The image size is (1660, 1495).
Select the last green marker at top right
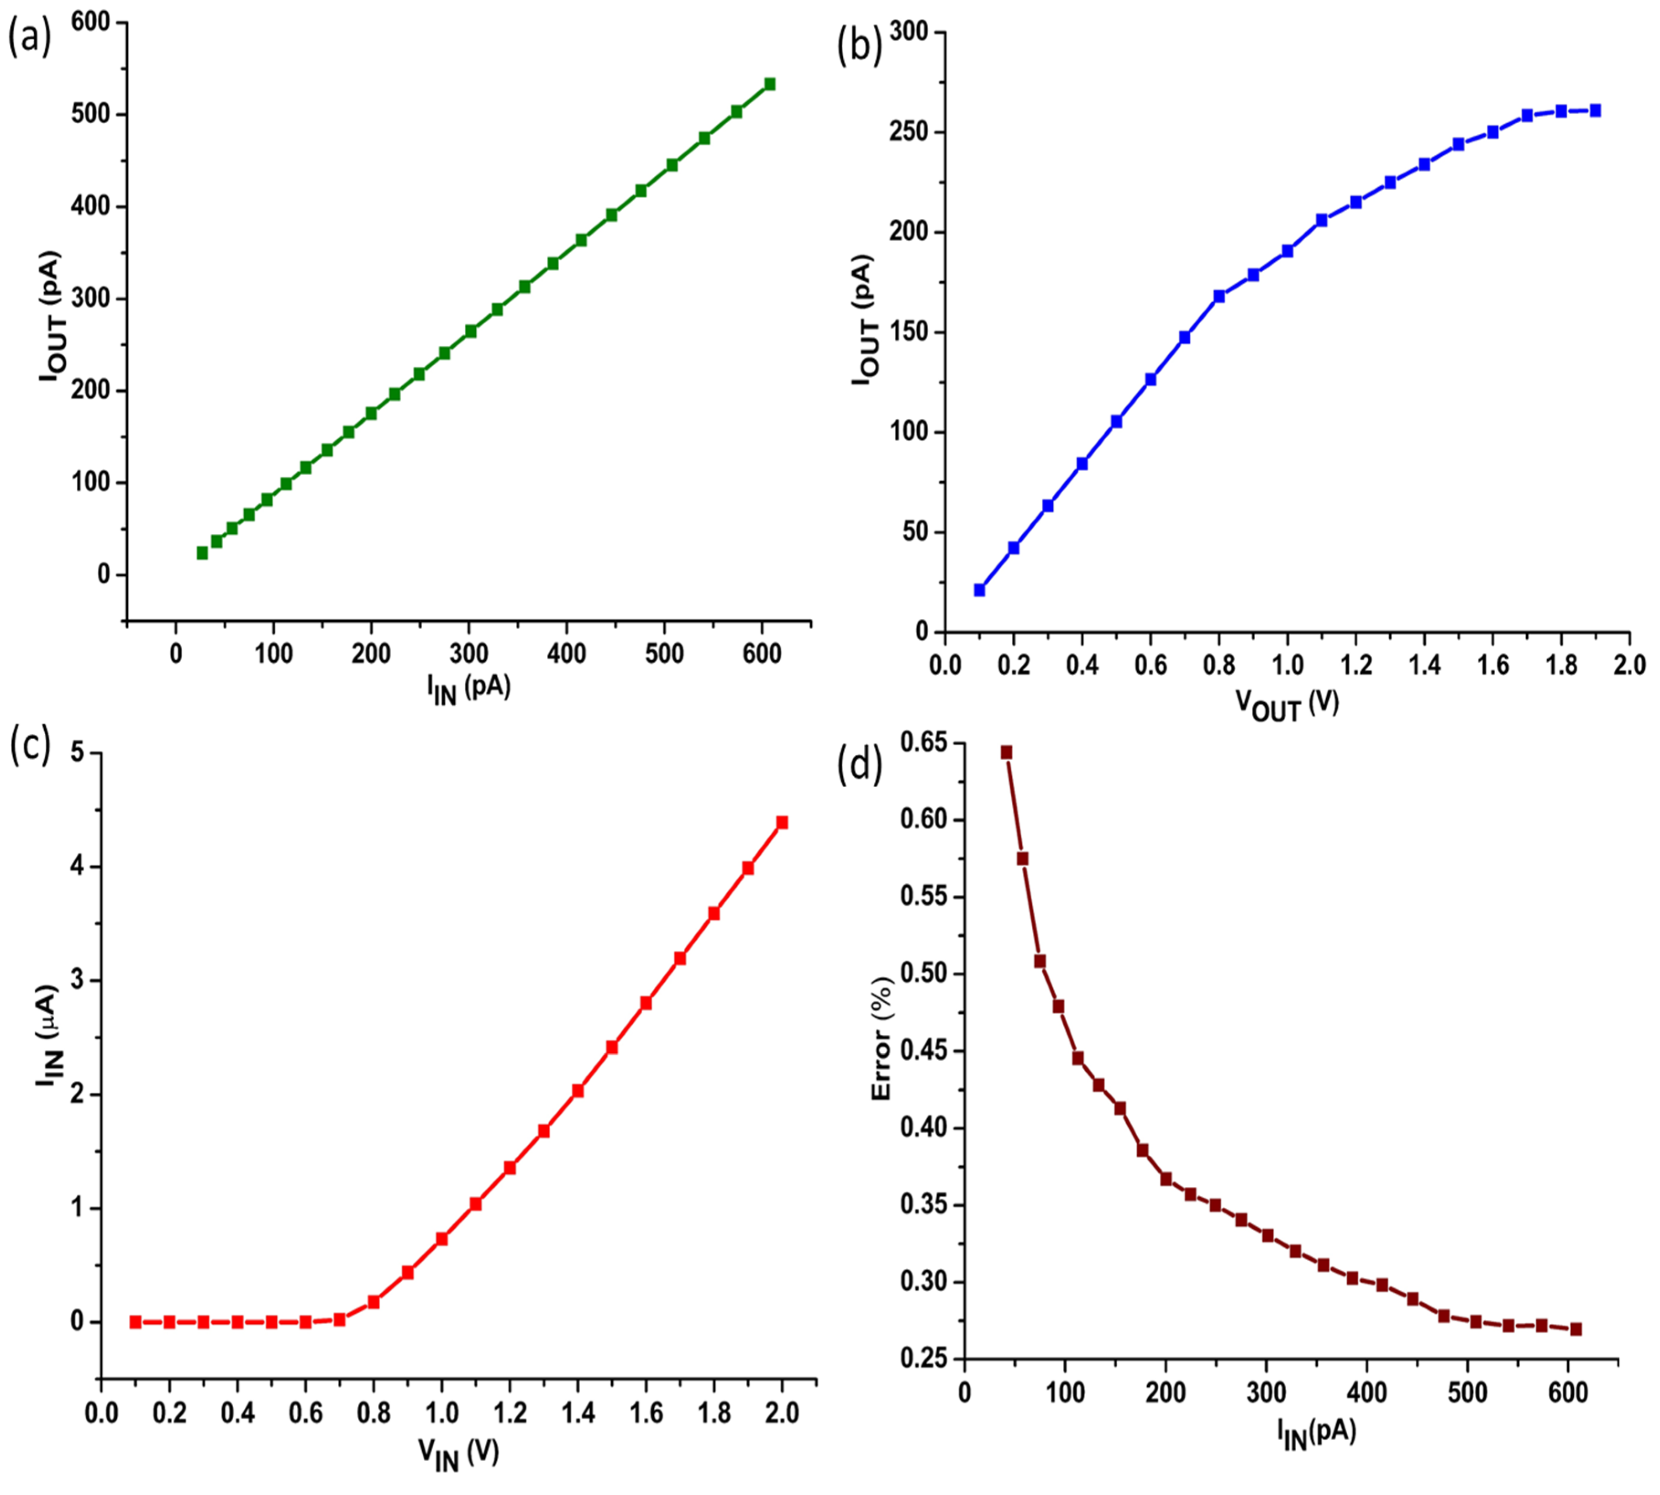click(770, 84)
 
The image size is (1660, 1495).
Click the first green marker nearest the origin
click(202, 553)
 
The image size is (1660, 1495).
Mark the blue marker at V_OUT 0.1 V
click(979, 590)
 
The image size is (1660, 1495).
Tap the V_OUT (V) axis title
click(1287, 705)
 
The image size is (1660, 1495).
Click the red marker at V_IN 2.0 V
click(782, 822)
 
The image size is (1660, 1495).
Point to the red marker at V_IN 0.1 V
click(136, 1321)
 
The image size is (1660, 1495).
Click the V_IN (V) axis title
click(458, 1452)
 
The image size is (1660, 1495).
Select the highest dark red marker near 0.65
click(1006, 753)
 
